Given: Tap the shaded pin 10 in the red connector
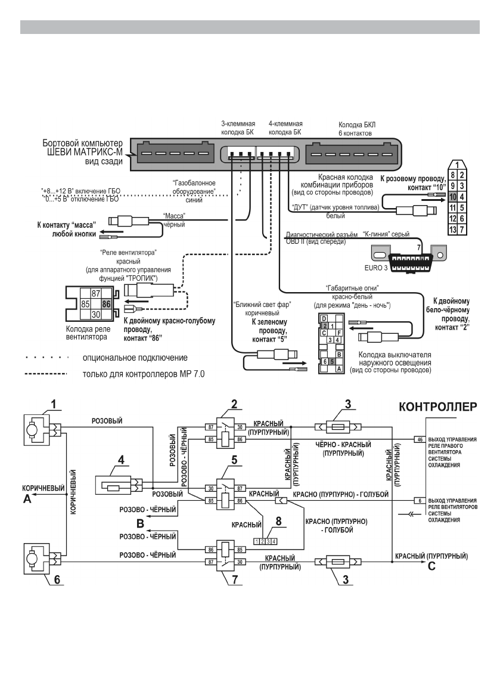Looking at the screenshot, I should [453, 196].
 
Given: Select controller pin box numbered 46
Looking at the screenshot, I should [420, 440].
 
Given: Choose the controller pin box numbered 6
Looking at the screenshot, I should [420, 500].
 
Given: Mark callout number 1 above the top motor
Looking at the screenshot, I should [54, 404].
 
